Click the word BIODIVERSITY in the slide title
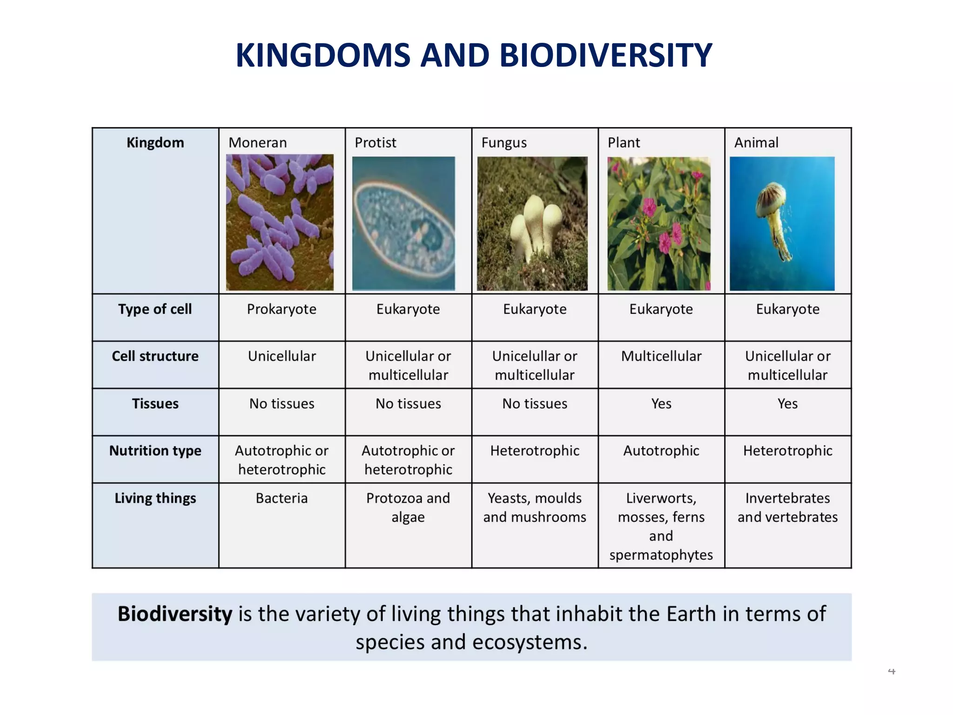pos(605,55)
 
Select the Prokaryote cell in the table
pos(282,309)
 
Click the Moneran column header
pos(257,142)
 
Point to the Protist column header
pos(375,142)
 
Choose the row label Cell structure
pos(155,356)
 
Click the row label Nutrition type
pos(155,451)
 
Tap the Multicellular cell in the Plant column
pos(661,356)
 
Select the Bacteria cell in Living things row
pos(282,498)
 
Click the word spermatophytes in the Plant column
pos(661,555)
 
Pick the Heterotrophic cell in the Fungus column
pos(535,451)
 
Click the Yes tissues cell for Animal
pos(787,404)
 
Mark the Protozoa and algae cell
pos(408,507)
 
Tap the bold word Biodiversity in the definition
pos(174,614)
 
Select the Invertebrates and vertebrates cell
pos(787,507)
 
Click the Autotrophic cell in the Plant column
pos(661,451)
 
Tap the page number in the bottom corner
pos(891,671)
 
